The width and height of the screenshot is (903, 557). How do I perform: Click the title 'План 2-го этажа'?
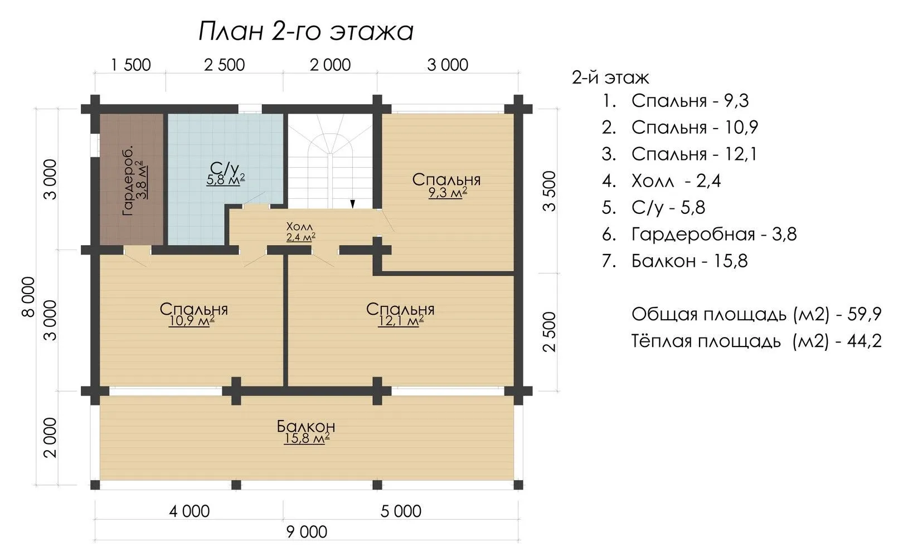coord(306,31)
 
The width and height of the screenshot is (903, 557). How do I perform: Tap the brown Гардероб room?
coord(132,179)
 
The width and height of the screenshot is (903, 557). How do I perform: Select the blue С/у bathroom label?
coord(225,174)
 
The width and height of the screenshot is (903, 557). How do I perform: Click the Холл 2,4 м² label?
coord(300,232)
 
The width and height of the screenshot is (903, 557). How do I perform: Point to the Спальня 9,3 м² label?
coord(446,185)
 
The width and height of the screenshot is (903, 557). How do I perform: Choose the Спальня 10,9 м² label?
coord(193,315)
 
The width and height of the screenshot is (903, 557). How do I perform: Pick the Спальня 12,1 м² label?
coord(400,315)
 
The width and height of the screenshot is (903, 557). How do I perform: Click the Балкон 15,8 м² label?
coord(306,432)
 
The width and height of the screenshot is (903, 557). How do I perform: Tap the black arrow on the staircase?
coord(352,204)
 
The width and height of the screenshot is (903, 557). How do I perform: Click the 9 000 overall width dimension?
coord(307,532)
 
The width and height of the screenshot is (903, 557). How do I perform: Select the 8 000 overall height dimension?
coord(28,297)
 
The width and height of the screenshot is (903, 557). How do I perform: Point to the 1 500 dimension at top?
coord(130,65)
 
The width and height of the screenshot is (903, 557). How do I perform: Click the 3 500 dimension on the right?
coord(549,191)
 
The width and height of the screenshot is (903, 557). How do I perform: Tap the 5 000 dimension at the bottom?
coord(401,511)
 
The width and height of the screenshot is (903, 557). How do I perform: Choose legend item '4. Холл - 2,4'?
coord(661,181)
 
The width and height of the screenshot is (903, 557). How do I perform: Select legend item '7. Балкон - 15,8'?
coord(675,261)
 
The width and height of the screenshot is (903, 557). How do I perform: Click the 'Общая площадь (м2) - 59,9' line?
coord(756,314)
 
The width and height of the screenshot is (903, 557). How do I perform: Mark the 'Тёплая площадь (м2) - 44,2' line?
coord(756,341)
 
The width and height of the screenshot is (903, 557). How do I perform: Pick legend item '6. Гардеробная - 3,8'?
coord(700,234)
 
